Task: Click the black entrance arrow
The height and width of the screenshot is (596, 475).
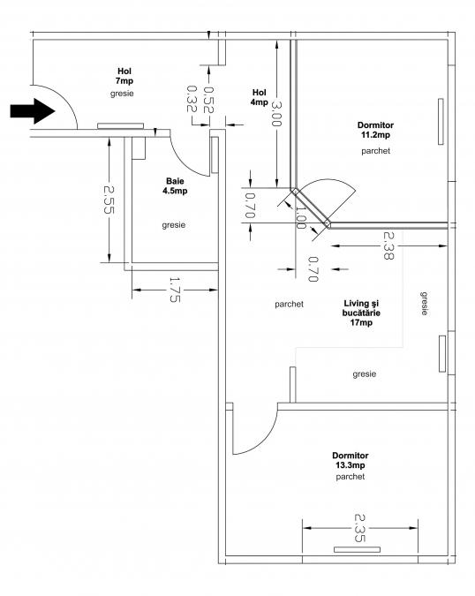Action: pos(33,111)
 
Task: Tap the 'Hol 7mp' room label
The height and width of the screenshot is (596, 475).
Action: pos(124,76)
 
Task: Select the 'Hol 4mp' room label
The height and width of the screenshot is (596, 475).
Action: pos(260,97)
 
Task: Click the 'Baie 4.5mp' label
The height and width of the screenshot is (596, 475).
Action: pos(175,186)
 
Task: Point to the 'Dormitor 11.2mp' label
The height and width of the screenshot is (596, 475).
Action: pos(375,130)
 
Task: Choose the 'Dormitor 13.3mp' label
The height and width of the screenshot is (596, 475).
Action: pos(351,460)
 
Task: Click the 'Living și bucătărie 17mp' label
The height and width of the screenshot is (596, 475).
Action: pos(361,313)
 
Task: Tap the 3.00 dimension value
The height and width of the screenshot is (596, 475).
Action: pos(276,114)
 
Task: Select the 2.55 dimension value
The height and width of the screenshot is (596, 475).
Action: pos(109,200)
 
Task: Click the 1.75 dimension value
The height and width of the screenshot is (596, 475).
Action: pos(175,290)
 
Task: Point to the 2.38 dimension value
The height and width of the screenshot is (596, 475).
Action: pos(388,245)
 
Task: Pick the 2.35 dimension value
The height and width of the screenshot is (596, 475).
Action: pos(359,528)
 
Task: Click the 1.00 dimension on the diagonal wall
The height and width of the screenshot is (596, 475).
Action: pos(300,217)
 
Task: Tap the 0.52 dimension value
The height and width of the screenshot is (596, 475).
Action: pos(208,100)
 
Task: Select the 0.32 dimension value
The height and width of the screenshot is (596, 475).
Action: pos(192,99)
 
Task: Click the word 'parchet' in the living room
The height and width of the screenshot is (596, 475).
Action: pos(290,305)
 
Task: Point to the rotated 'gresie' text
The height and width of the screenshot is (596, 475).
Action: pos(424,304)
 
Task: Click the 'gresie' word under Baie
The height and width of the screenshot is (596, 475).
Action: pos(174,225)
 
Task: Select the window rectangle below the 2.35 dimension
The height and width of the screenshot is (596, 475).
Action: pos(357,549)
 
